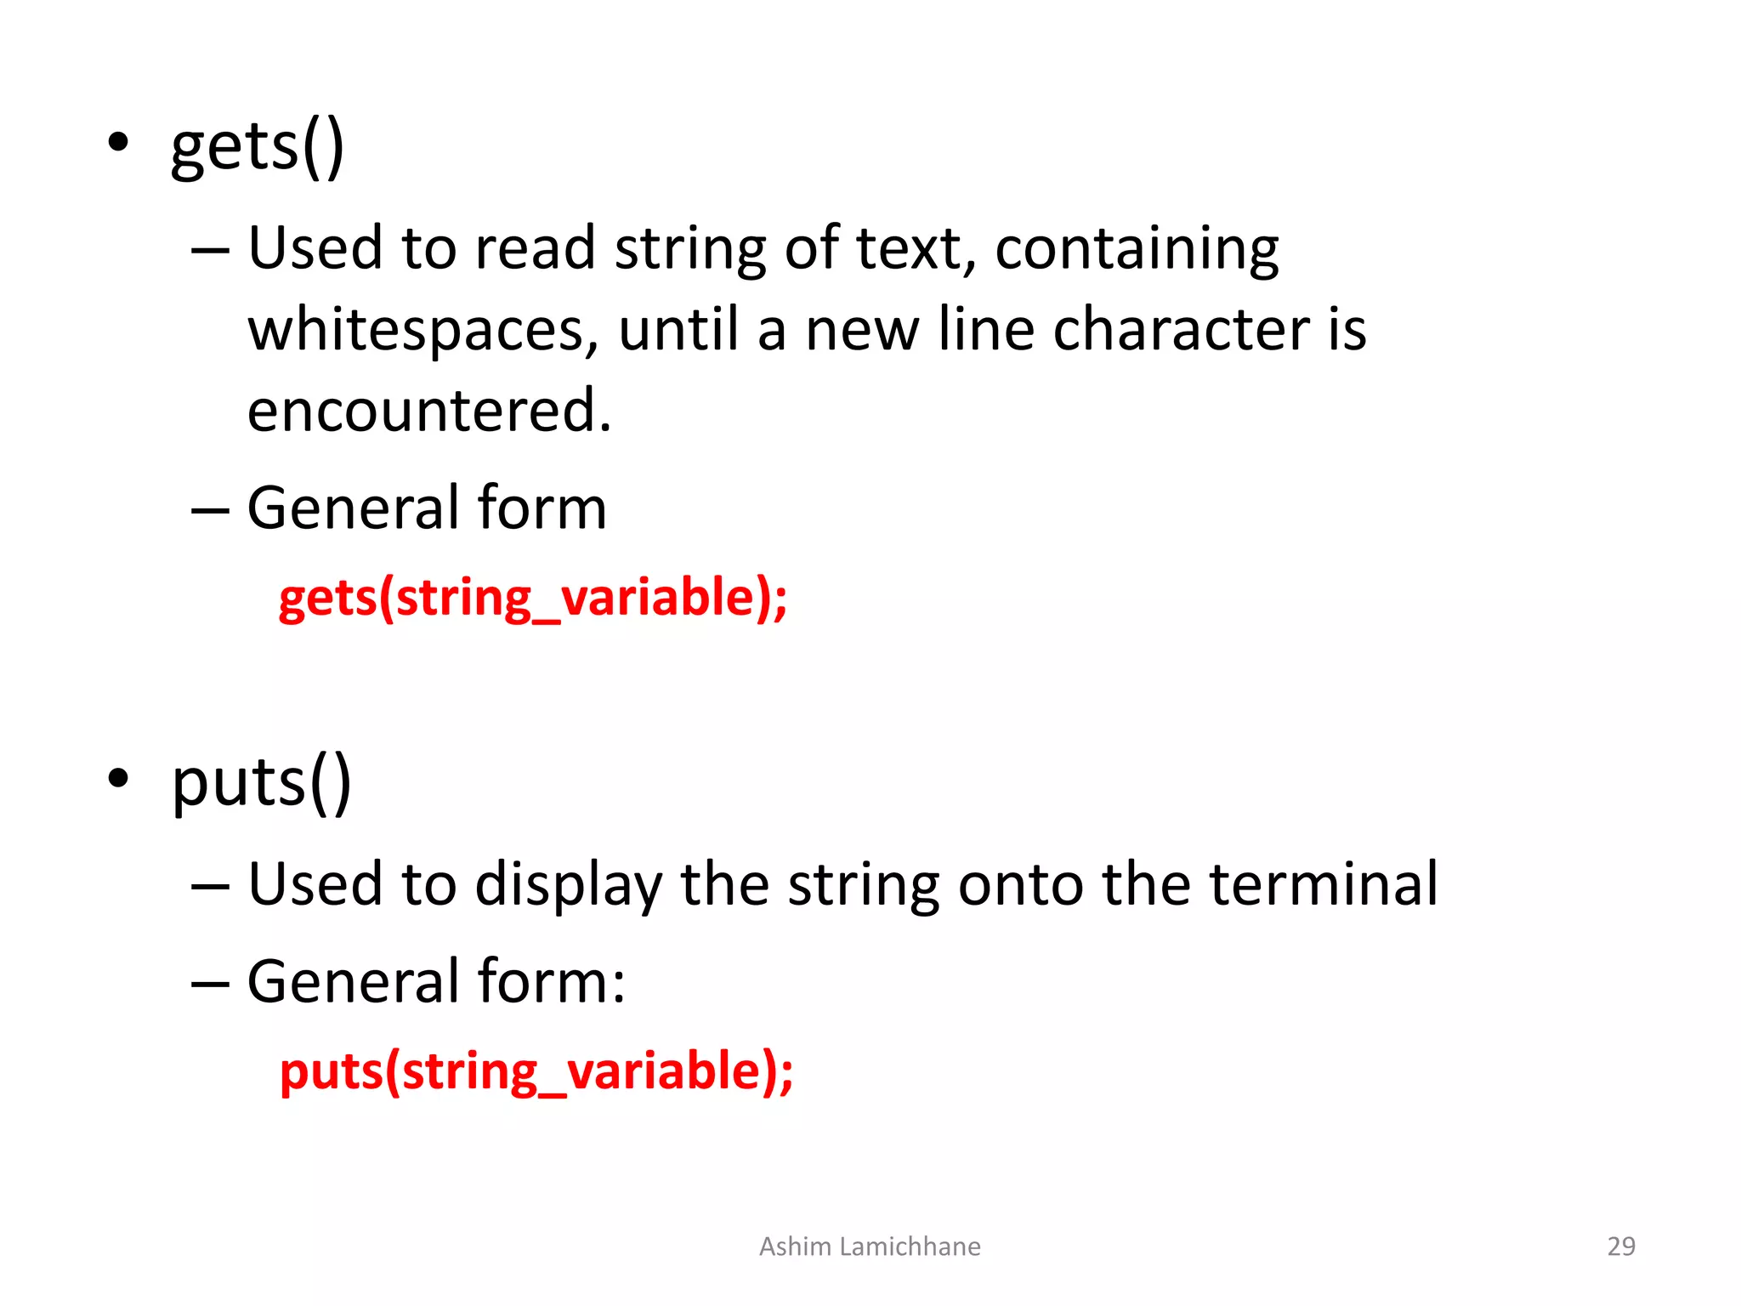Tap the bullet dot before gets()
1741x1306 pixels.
point(118,142)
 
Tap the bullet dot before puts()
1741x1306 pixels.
point(118,777)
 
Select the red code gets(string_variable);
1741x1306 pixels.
point(533,598)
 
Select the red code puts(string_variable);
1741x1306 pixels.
point(536,1070)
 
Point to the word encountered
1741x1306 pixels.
point(429,411)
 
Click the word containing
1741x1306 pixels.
point(1136,249)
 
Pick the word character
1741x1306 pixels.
point(1180,330)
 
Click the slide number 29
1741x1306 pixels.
point(1621,1246)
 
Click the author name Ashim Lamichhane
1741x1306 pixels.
point(870,1246)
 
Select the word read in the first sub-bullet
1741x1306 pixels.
point(535,249)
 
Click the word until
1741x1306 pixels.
point(678,330)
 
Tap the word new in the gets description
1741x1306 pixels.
point(862,330)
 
